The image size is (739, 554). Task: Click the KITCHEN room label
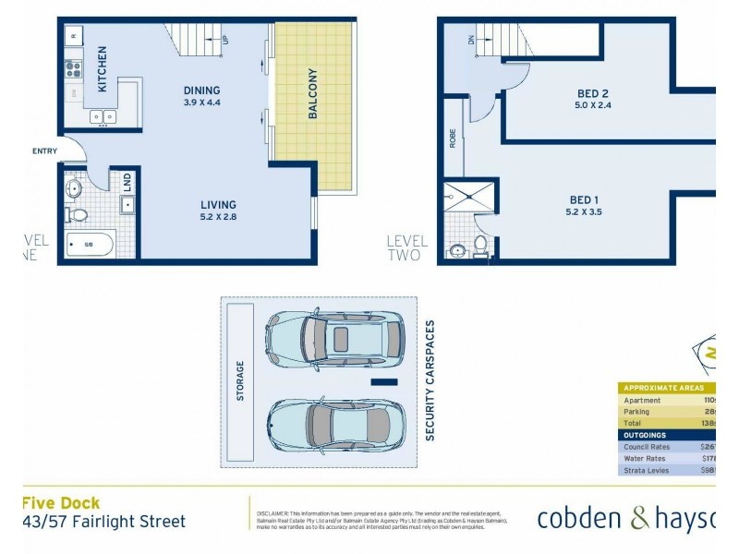tap(103, 69)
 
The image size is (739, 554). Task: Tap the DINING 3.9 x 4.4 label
tap(201, 96)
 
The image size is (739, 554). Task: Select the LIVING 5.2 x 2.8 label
tap(219, 211)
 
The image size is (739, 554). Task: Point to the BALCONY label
tap(313, 94)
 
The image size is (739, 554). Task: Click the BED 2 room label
tap(592, 99)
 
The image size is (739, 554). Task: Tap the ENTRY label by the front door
tap(44, 151)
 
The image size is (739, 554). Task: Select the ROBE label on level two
tap(453, 138)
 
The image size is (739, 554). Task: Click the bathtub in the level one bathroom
tap(90, 245)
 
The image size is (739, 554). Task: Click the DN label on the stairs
tap(470, 40)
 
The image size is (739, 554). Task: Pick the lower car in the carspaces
tap(333, 425)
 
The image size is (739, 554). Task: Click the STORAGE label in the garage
tap(241, 381)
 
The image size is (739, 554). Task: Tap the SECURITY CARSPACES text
tap(430, 380)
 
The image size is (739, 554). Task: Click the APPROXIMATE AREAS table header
tap(663, 388)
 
